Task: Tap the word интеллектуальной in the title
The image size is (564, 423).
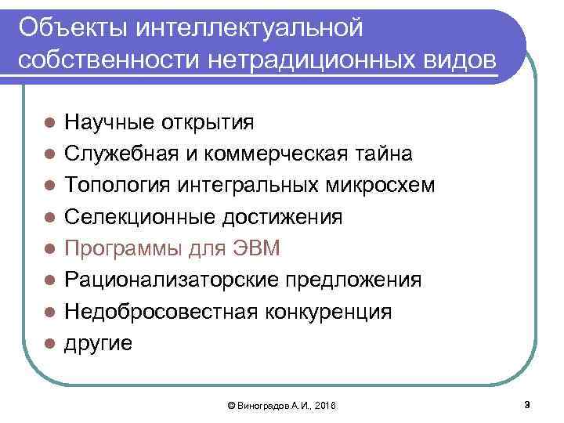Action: tap(250, 29)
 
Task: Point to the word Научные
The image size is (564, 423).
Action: tap(109, 122)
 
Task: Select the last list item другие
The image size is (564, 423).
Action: tap(99, 343)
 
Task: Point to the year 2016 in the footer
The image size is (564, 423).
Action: tap(323, 406)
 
